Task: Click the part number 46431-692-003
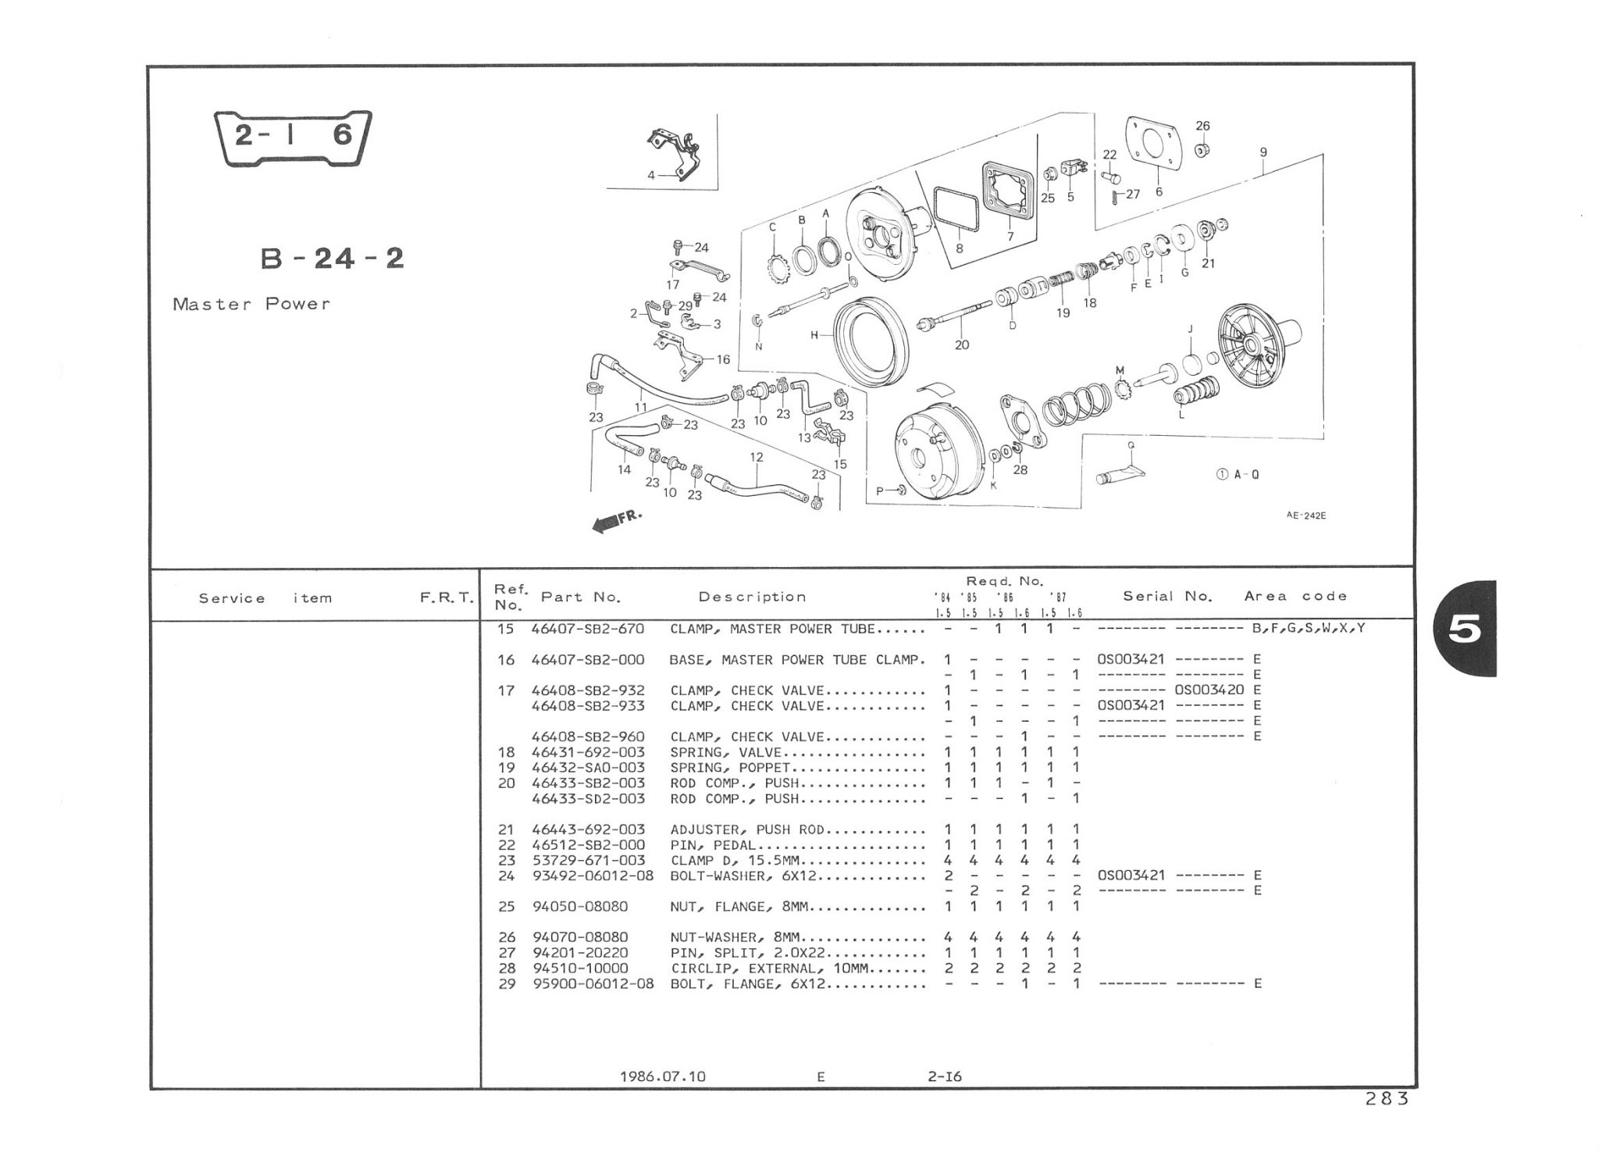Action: coord(588,752)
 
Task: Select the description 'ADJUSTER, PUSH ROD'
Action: coord(747,829)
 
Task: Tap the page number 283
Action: coord(1387,1099)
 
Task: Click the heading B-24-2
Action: coord(333,258)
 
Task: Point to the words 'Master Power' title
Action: coord(251,304)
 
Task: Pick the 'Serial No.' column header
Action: coord(1167,596)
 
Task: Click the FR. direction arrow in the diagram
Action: coord(615,523)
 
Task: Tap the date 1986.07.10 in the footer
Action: coord(662,1076)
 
